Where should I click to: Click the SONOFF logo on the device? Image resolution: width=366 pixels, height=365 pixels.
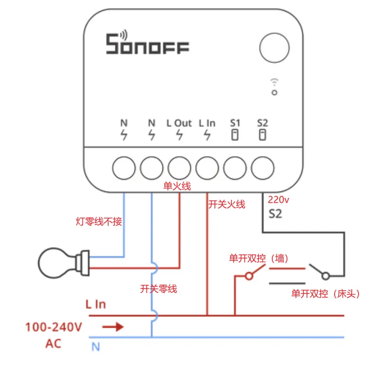click(148, 44)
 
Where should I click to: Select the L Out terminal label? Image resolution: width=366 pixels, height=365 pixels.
click(179, 124)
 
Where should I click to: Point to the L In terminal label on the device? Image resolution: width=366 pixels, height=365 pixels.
click(207, 124)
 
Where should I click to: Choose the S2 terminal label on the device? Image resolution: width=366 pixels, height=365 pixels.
click(263, 123)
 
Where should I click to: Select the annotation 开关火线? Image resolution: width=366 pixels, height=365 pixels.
click(227, 204)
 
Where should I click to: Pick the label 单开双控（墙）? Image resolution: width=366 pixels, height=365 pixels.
click(258, 258)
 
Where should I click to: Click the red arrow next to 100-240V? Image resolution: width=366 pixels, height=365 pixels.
click(113, 327)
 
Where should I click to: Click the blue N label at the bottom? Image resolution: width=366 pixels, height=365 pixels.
click(96, 347)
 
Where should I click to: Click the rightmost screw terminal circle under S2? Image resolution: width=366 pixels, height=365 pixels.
click(263, 168)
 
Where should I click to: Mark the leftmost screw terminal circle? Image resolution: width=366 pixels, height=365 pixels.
click(124, 168)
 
